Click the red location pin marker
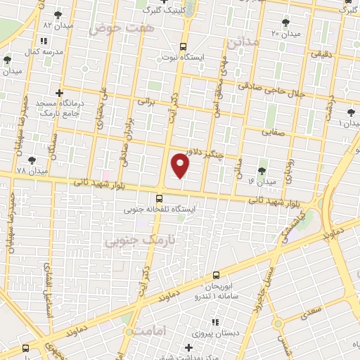tap(181, 165)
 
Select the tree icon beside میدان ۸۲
tap(58, 14)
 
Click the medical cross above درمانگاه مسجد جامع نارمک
tap(59, 92)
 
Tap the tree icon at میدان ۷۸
tap(32, 160)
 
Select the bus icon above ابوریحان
tap(216, 276)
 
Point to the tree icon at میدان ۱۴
tap(262, 171)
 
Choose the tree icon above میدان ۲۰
tap(285, 22)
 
